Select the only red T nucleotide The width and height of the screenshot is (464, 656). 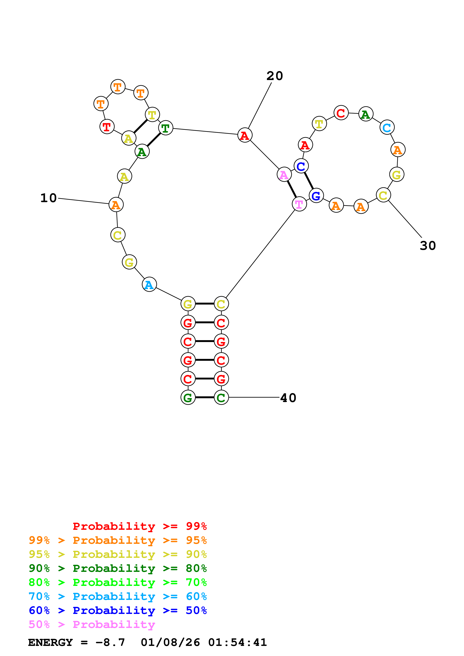pos(107,127)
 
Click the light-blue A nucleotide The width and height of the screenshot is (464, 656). pos(149,285)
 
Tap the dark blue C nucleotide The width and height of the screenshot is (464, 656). pos(301,166)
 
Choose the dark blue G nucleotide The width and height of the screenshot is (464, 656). pos(316,196)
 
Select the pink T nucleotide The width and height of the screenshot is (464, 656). pos(299,204)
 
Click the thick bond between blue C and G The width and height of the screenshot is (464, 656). pos(309,181)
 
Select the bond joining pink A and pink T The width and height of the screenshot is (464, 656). pos(292,189)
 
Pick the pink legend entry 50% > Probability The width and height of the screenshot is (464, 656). pos(92,625)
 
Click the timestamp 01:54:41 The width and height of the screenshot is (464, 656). pos(237,643)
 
